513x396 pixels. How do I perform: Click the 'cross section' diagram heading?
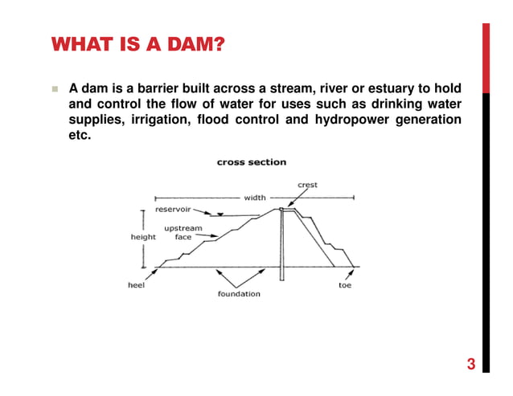point(252,162)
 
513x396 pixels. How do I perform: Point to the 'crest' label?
point(307,185)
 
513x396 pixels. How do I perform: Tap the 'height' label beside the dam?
point(143,238)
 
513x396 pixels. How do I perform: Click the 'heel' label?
point(135,285)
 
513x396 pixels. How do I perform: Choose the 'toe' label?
point(345,285)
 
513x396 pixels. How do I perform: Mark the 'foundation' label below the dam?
point(239,294)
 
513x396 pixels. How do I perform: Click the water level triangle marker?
point(219,214)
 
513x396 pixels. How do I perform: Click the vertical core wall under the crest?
point(282,245)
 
